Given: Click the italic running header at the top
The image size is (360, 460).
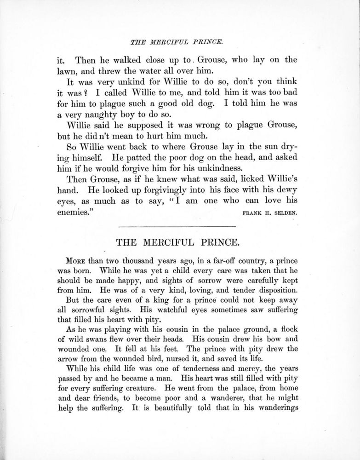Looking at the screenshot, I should point(177,42).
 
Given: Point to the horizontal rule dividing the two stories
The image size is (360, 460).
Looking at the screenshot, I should point(177,225).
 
